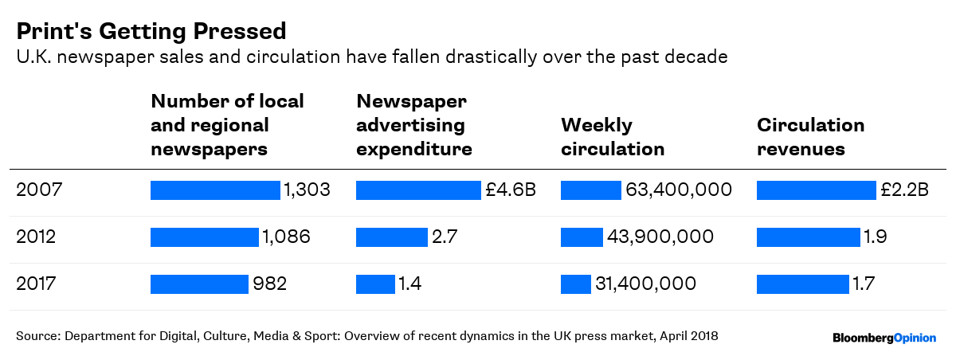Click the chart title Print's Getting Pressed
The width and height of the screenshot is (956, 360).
pyautogui.click(x=151, y=31)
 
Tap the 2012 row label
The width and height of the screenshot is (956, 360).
pyautogui.click(x=36, y=237)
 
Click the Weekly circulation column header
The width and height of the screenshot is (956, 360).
pyautogui.click(x=613, y=137)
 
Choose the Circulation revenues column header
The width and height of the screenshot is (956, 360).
pyautogui.click(x=810, y=137)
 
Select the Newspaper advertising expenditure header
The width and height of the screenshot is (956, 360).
pyautogui.click(x=413, y=125)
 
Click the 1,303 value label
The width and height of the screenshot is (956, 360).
pyautogui.click(x=307, y=190)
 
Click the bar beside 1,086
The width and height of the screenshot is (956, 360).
pyautogui.click(x=205, y=237)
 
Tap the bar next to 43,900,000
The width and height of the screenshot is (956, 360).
pyautogui.click(x=582, y=237)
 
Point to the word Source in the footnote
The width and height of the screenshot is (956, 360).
pyautogui.click(x=36, y=336)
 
